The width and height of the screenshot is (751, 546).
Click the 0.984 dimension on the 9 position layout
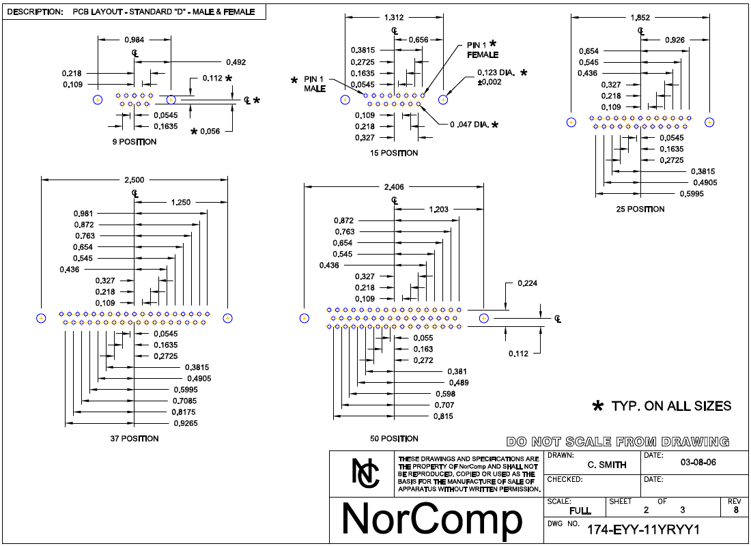(x=134, y=40)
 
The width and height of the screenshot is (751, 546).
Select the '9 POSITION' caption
(x=134, y=142)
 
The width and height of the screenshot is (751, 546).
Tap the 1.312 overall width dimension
(x=394, y=18)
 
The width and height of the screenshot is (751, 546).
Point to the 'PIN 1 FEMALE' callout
(x=482, y=50)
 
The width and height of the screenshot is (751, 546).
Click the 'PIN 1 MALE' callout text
(x=314, y=84)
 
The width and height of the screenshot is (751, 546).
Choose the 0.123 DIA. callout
(x=496, y=77)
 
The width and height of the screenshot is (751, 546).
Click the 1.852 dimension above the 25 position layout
(x=640, y=18)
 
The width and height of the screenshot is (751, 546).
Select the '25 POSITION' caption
(x=640, y=210)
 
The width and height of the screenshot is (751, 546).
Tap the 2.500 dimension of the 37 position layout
(x=134, y=180)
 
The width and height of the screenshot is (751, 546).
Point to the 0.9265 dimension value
(x=186, y=423)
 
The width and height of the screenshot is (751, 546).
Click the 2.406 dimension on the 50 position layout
(x=394, y=187)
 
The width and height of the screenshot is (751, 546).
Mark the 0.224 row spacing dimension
(x=527, y=283)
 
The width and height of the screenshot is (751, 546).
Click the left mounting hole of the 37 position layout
(x=41, y=318)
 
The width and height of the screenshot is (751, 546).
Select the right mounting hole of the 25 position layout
(x=709, y=123)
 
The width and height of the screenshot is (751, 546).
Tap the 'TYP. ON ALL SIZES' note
(x=671, y=406)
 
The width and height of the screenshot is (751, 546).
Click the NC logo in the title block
(x=365, y=473)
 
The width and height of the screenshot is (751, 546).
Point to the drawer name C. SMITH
(x=607, y=465)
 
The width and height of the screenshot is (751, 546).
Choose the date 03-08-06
(x=698, y=463)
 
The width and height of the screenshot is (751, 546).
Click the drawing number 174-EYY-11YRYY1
(x=643, y=530)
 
